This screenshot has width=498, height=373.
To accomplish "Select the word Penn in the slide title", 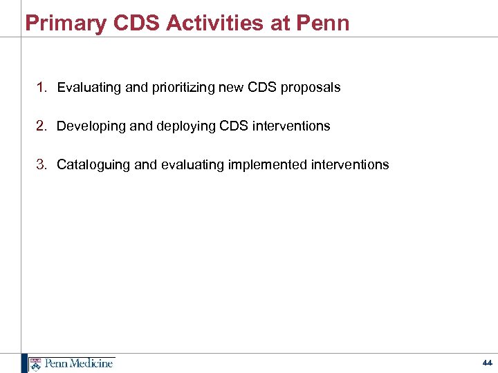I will pos(324,23).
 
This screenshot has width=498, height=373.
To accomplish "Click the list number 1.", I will pos(41,87).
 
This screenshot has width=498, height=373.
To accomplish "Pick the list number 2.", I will pos(41,126).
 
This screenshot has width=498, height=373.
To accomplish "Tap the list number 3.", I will pos(41,164).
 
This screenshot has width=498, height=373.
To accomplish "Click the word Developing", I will pos(84,126).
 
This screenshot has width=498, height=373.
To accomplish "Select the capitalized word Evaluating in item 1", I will pos(83,88).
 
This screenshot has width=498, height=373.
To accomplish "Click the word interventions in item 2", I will pos(296,126).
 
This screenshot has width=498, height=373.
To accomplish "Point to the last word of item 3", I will pos(355,164).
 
